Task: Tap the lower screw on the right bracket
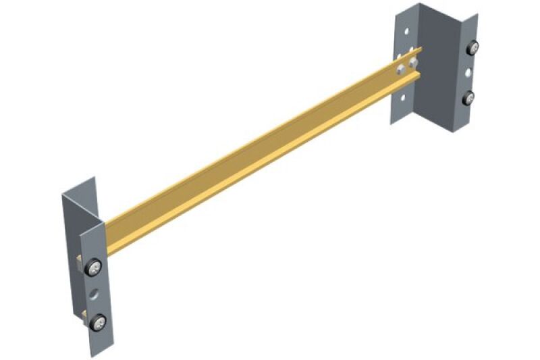click(468, 99)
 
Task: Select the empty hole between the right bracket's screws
click(468, 71)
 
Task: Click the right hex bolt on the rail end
click(412, 63)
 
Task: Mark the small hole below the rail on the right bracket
click(403, 97)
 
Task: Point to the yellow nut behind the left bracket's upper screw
click(81, 261)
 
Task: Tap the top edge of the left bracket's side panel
click(78, 186)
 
